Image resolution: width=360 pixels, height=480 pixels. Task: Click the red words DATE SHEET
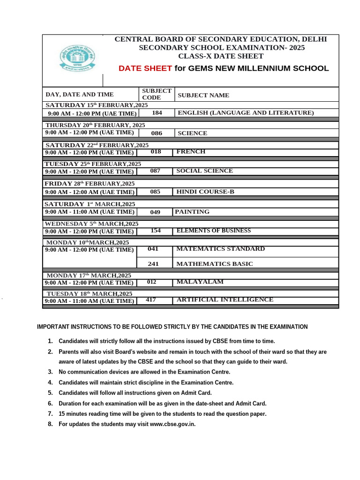click(x=145, y=68)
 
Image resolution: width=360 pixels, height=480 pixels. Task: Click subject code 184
click(x=157, y=112)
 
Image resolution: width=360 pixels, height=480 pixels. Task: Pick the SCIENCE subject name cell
click(x=192, y=133)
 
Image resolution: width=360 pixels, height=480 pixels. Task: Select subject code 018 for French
click(x=156, y=152)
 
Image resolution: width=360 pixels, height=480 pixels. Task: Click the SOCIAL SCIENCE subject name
click(x=204, y=171)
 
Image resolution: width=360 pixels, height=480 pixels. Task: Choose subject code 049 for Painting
click(x=155, y=212)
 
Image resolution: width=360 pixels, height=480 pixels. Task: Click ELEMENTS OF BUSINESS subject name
click(x=213, y=231)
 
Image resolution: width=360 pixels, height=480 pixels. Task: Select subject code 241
click(x=153, y=264)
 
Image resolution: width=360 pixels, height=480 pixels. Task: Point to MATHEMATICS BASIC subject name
click(x=214, y=264)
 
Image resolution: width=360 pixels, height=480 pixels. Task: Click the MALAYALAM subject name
click(x=200, y=282)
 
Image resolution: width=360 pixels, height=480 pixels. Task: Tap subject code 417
click(x=151, y=300)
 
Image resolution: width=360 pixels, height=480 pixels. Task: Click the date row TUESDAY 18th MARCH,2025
click(x=90, y=293)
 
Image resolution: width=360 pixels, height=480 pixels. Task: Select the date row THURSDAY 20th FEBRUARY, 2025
click(x=95, y=125)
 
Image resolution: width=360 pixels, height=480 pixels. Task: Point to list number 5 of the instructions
click(x=50, y=393)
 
